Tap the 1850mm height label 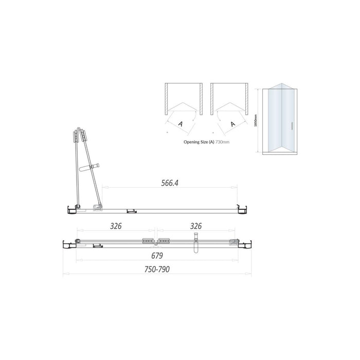coord(256,121)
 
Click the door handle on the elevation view coord(292,125)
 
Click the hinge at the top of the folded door coord(80,136)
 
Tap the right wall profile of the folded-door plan coord(241,208)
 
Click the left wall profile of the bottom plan coord(66,243)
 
